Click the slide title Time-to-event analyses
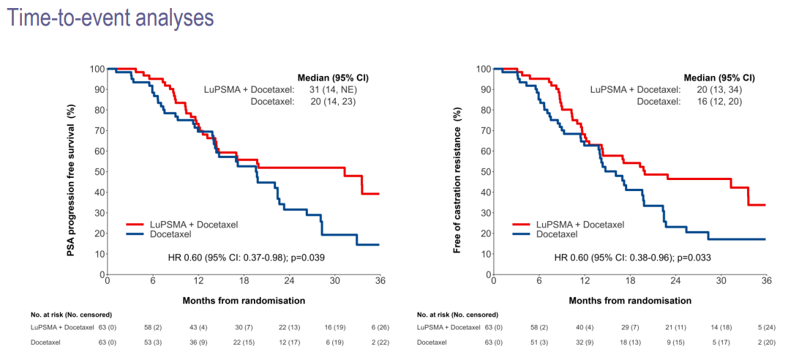pyautogui.click(x=110, y=17)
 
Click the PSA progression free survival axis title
pyautogui.click(x=72, y=170)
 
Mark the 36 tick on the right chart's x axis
pyautogui.click(x=766, y=281)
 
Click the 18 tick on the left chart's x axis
pyautogui.click(x=244, y=281)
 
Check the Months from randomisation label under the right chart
pyautogui.click(x=629, y=300)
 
